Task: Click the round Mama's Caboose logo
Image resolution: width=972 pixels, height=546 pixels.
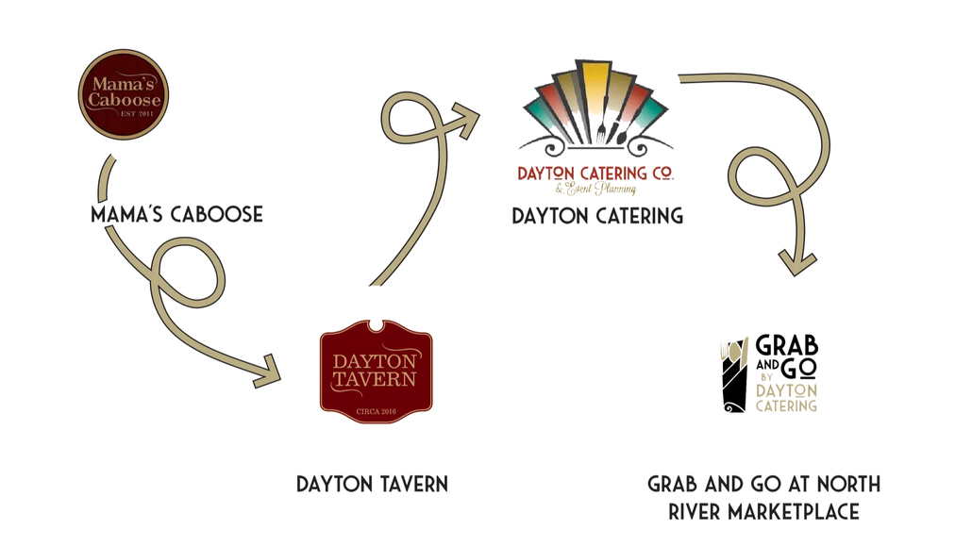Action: [x=124, y=94]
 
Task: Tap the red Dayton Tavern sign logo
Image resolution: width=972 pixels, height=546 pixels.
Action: [x=377, y=372]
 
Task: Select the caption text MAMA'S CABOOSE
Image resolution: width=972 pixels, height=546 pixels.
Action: [x=176, y=214]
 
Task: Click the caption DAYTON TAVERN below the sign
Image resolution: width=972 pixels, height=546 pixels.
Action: [x=372, y=484]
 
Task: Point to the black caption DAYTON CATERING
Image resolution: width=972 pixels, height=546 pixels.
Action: [x=597, y=216]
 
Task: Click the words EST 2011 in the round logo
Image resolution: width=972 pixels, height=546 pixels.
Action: [x=137, y=113]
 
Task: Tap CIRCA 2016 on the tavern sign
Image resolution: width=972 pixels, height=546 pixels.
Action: [x=376, y=411]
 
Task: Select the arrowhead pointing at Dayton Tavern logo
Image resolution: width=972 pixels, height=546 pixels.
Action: [x=268, y=372]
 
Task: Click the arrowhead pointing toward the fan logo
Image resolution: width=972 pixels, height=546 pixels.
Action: [x=467, y=119]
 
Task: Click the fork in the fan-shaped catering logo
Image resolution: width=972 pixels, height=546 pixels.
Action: [x=600, y=130]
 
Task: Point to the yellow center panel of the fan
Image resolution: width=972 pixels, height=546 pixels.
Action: [x=594, y=93]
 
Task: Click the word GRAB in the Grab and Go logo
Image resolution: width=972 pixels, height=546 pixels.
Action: [x=787, y=345]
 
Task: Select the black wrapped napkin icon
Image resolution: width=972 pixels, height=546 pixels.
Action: [x=734, y=375]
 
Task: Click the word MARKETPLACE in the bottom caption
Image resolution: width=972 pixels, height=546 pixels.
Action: [x=794, y=512]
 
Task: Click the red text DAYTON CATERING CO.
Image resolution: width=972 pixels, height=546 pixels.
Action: [x=595, y=173]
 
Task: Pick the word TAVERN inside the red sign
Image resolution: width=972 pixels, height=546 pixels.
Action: [x=375, y=379]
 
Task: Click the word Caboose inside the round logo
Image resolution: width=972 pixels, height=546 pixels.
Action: [x=124, y=99]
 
